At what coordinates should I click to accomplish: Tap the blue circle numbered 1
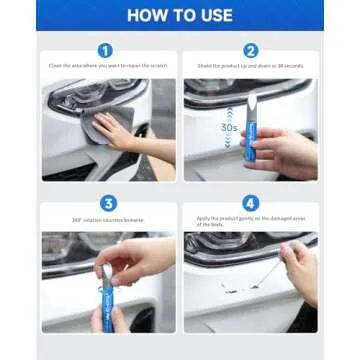click(106, 49)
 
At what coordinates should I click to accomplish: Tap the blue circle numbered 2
click(251, 49)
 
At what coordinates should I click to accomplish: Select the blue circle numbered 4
click(251, 203)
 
